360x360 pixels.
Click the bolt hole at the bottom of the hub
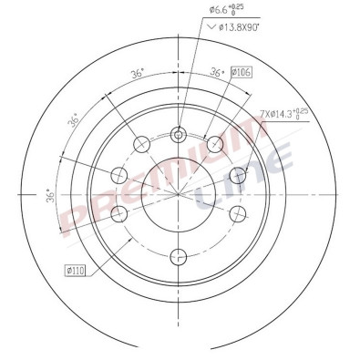pos(180,252)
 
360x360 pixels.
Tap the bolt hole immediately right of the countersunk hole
pos(216,144)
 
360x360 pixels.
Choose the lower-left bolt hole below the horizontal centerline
pos(119,214)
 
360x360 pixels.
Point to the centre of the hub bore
pos(180,190)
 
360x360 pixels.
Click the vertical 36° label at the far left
pos(52,196)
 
